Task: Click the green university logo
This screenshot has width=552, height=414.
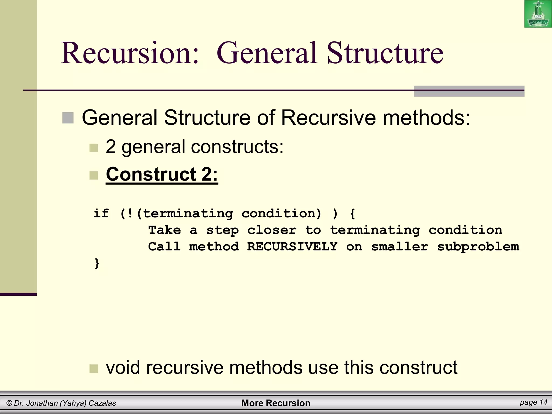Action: pos(538,14)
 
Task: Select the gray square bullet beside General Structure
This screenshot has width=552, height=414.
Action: pos(68,118)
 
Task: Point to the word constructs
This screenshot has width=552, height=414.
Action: pos(237,147)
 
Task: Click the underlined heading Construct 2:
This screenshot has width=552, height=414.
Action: pos(162,174)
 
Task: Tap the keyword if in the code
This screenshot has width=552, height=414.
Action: pos(101,213)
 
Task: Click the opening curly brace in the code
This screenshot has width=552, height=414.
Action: pos(352,213)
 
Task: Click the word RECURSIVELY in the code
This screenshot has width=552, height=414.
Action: pos(292,246)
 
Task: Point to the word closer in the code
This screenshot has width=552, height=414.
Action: pos(272,230)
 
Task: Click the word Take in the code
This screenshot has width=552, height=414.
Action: pos(164,230)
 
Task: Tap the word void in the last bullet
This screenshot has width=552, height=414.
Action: pos(123,367)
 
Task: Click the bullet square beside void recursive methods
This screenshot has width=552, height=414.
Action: pos(94,368)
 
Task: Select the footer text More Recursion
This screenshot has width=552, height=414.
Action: pos(276,403)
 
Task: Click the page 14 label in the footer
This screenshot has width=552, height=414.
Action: pos(533,402)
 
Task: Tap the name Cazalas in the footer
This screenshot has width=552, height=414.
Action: pos(102,403)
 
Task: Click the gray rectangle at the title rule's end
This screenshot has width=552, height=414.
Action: pos(469,91)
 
